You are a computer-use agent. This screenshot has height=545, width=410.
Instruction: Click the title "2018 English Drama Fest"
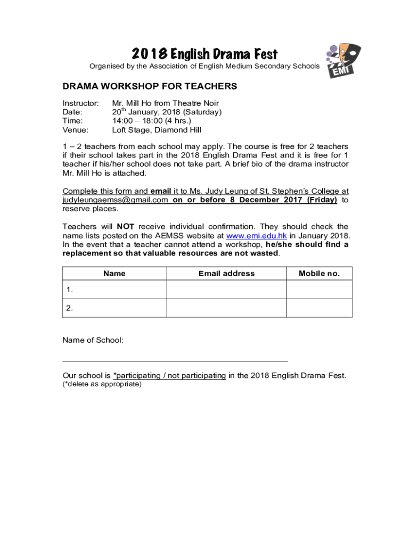click(x=204, y=54)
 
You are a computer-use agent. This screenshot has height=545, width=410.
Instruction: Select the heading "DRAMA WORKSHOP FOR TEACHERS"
click(x=150, y=86)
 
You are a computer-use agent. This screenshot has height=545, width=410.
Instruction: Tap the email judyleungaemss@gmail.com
click(x=116, y=200)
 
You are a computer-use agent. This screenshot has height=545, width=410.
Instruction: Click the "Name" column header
click(x=114, y=274)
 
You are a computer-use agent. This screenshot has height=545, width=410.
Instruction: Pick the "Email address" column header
click(x=226, y=274)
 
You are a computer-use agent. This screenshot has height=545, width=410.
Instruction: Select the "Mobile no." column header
click(x=319, y=274)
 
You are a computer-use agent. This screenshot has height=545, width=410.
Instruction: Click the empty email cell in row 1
click(x=226, y=290)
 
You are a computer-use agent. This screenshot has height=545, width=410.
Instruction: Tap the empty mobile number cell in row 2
click(x=319, y=308)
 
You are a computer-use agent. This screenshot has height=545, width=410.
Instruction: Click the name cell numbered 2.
click(x=114, y=308)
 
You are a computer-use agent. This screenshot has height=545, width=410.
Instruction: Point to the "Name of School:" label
click(x=93, y=340)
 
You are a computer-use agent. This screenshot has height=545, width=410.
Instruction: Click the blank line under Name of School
click(x=175, y=360)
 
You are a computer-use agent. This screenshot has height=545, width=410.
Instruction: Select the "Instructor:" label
click(x=81, y=103)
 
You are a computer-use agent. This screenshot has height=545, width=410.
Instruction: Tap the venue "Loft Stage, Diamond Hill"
click(x=157, y=130)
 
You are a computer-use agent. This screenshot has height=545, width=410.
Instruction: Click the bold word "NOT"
click(x=126, y=227)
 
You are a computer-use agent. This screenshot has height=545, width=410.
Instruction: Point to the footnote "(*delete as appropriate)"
click(x=102, y=384)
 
